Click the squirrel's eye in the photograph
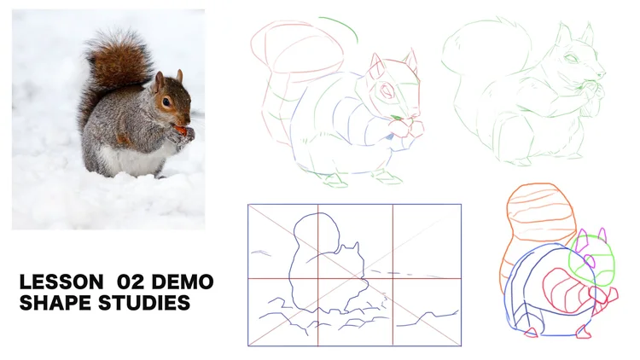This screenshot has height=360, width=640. [x=166, y=102]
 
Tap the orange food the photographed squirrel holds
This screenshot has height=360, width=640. [x=180, y=131]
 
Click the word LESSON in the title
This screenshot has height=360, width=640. [x=58, y=282]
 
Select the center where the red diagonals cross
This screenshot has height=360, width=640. [x=354, y=275]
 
